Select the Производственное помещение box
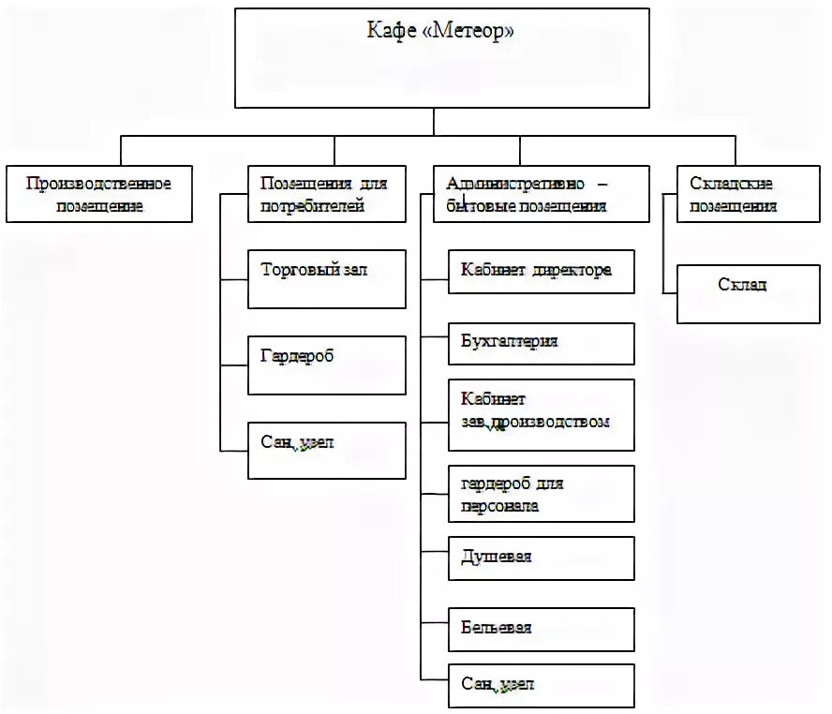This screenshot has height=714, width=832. tap(98, 195)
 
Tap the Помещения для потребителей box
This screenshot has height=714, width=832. tap(326, 195)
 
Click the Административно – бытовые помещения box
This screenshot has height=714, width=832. tap(541, 195)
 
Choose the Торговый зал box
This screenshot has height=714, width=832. tap(326, 279)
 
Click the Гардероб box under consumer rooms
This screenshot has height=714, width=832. tap(326, 364)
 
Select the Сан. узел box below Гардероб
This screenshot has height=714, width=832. tap(326, 451)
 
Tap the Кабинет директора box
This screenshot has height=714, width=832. tap(541, 271)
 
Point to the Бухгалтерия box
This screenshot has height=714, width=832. tap(541, 343)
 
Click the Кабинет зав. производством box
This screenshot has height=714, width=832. tap(541, 414)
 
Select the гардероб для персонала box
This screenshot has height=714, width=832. tap(541, 494)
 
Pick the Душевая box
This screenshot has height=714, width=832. tap(541, 558)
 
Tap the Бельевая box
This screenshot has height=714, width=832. tap(541, 629)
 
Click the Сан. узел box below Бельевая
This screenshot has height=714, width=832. tap(541, 686)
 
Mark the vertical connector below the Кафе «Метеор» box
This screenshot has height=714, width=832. tap(433, 121)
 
